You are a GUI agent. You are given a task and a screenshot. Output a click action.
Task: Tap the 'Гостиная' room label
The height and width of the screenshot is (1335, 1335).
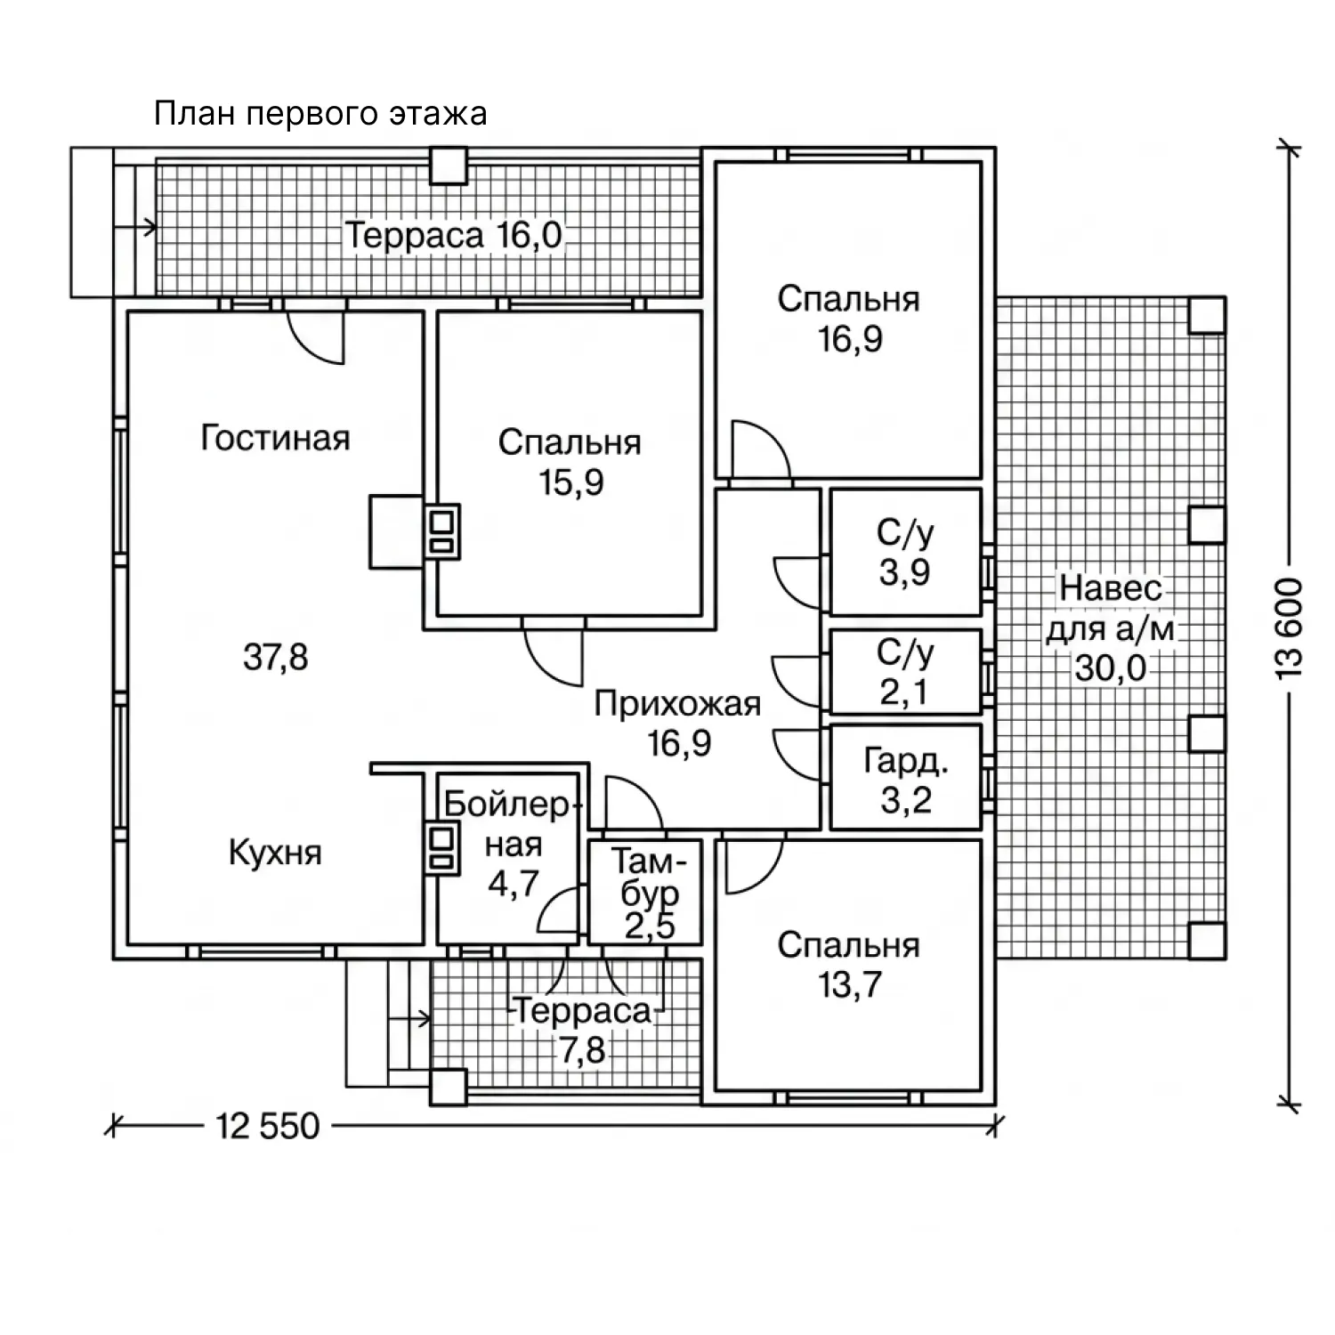pyautogui.click(x=275, y=438)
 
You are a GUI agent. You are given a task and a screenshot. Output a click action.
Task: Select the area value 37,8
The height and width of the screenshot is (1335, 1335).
pyautogui.click(x=275, y=658)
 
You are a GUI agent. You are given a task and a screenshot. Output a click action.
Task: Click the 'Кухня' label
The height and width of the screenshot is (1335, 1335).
pyautogui.click(x=275, y=853)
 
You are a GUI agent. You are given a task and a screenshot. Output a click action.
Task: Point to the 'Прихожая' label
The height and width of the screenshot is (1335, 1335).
pyautogui.click(x=677, y=705)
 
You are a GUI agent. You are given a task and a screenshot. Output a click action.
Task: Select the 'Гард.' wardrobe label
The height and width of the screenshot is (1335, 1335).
pyautogui.click(x=906, y=762)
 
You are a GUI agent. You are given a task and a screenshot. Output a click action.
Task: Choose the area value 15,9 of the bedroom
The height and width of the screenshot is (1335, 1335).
pyautogui.click(x=570, y=482)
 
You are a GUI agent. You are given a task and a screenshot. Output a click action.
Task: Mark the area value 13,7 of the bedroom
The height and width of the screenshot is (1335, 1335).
pyautogui.click(x=849, y=984)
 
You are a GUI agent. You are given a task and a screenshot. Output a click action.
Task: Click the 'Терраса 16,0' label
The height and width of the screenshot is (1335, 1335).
pyautogui.click(x=454, y=236)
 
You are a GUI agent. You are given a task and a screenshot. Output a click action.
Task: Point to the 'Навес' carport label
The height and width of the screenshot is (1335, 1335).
pyautogui.click(x=1111, y=588)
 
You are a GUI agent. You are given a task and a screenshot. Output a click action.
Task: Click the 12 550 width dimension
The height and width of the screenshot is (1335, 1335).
pyautogui.click(x=267, y=1126)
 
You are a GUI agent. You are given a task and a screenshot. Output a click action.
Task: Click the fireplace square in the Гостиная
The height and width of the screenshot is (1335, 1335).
pyautogui.click(x=397, y=531)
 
